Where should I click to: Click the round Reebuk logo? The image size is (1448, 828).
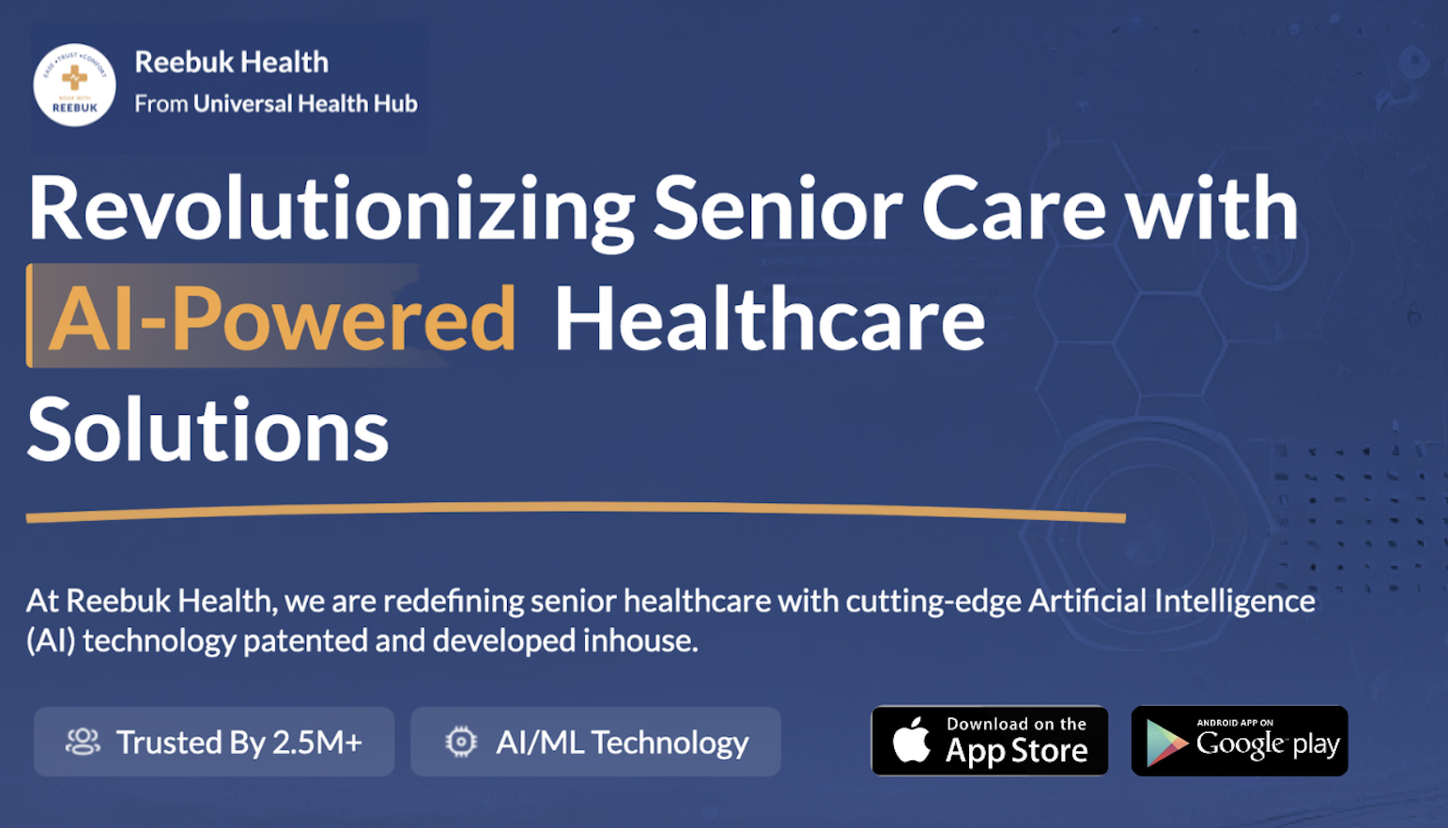[x=74, y=84]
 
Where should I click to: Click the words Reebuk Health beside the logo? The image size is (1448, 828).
[x=231, y=62]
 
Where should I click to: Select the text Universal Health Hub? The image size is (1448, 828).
[x=305, y=103]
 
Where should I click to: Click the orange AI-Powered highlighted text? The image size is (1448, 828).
[x=282, y=319]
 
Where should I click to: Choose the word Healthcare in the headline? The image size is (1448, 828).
[x=769, y=319]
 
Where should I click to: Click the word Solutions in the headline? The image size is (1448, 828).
[x=208, y=431]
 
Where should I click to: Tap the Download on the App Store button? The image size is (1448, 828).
[x=990, y=741]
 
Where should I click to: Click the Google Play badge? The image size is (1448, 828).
[x=1240, y=741]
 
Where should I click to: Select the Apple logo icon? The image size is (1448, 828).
[x=911, y=740]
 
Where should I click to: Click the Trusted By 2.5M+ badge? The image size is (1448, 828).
[x=214, y=742]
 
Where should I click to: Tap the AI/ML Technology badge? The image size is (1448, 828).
[x=595, y=742]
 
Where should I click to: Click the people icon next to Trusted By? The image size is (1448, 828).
[x=83, y=742]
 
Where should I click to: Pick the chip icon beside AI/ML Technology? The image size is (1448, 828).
[x=461, y=742]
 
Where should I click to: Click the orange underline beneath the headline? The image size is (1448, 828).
[x=575, y=513]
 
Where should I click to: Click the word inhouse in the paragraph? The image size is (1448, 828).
[x=639, y=640]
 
